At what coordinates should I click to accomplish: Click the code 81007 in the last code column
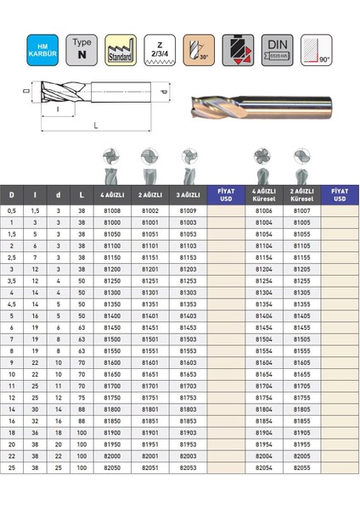pos(301,210)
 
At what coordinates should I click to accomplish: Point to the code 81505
pos(301,337)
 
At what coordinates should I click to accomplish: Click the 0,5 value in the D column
pos(12,210)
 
